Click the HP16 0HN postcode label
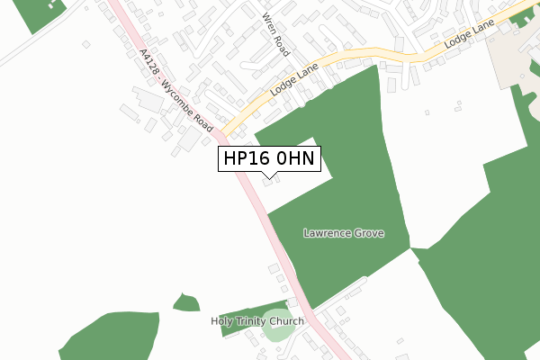(269, 158)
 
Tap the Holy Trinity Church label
(257, 321)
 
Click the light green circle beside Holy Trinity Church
(278, 326)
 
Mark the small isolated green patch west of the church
(186, 302)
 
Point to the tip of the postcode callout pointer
(269, 177)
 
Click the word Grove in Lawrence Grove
(368, 233)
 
